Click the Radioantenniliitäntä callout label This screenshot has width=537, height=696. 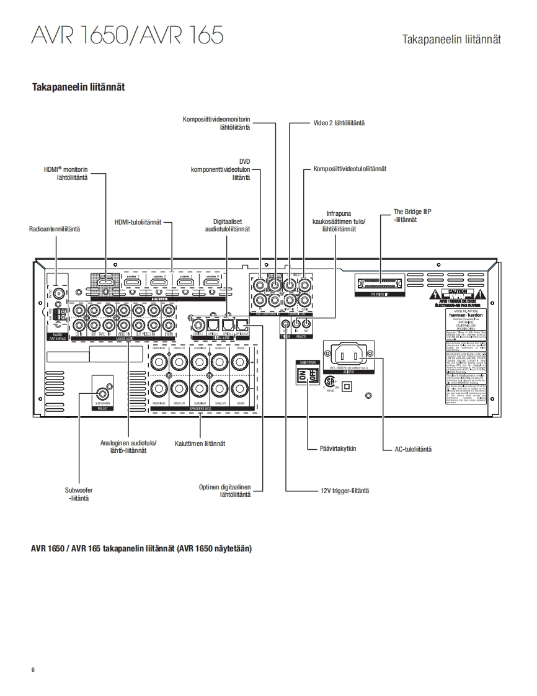(55, 229)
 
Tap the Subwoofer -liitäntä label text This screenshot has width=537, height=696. (79, 494)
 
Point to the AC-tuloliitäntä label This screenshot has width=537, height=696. (414, 448)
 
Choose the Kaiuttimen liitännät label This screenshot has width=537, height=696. (200, 444)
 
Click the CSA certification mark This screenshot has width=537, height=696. (330, 380)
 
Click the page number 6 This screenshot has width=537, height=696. (33, 669)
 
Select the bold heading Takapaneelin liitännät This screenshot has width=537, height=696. (78, 87)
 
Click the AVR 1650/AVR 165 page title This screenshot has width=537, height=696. (127, 35)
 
